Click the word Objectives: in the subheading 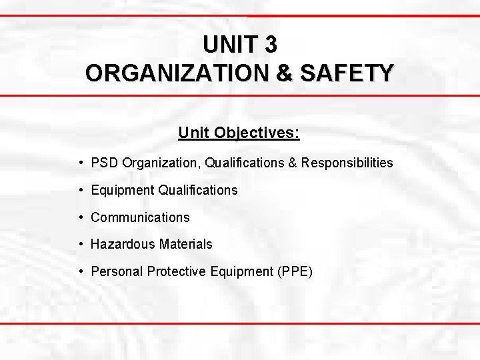[x=257, y=133]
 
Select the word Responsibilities [x=347, y=163]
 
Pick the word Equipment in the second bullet [x=122, y=191]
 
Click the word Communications [x=140, y=217]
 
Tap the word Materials [x=186, y=245]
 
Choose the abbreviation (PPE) [x=291, y=272]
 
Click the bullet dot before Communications [x=80, y=217]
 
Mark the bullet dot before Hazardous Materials [x=80, y=245]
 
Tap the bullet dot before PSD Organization [x=80, y=163]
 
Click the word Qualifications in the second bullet [x=198, y=191]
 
